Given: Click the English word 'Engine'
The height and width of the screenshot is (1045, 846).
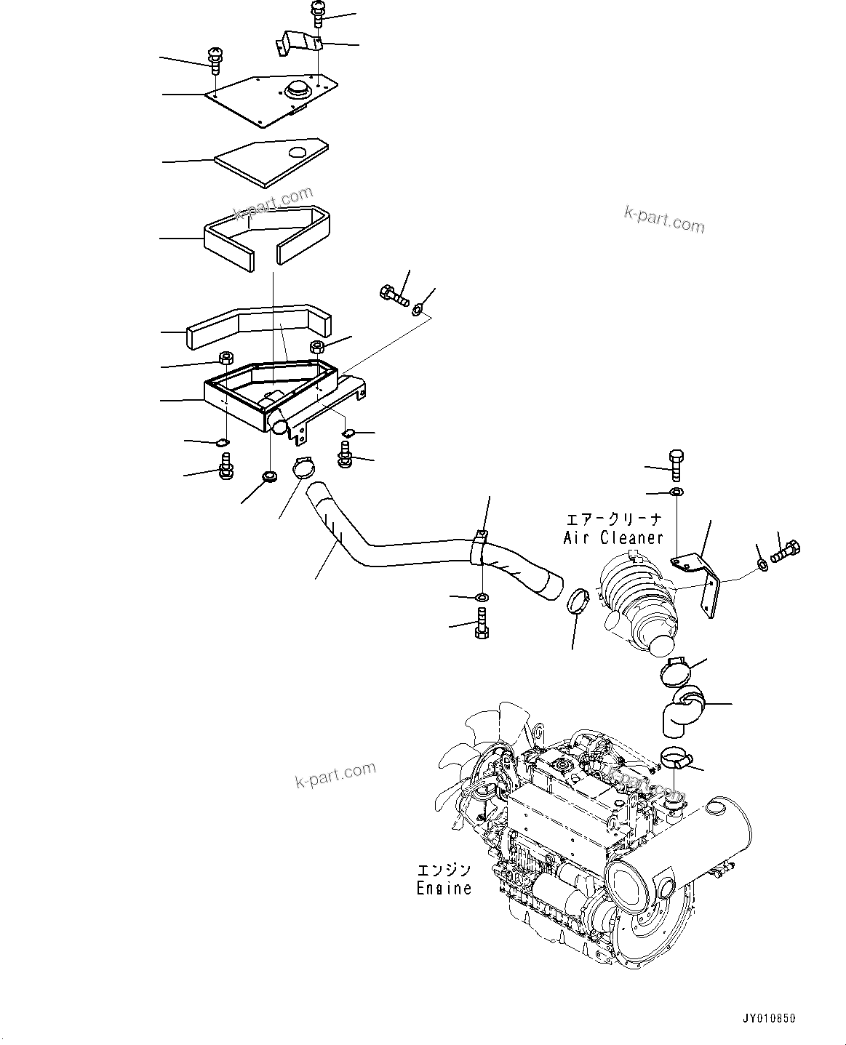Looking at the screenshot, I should click(x=444, y=888).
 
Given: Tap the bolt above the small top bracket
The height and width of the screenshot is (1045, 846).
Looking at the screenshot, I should click(x=318, y=13).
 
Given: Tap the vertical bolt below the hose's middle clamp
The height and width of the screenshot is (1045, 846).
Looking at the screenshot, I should click(x=481, y=624).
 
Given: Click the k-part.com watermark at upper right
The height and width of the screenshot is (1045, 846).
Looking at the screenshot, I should click(x=664, y=219).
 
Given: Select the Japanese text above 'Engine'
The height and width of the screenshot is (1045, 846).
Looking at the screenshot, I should click(x=444, y=870).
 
